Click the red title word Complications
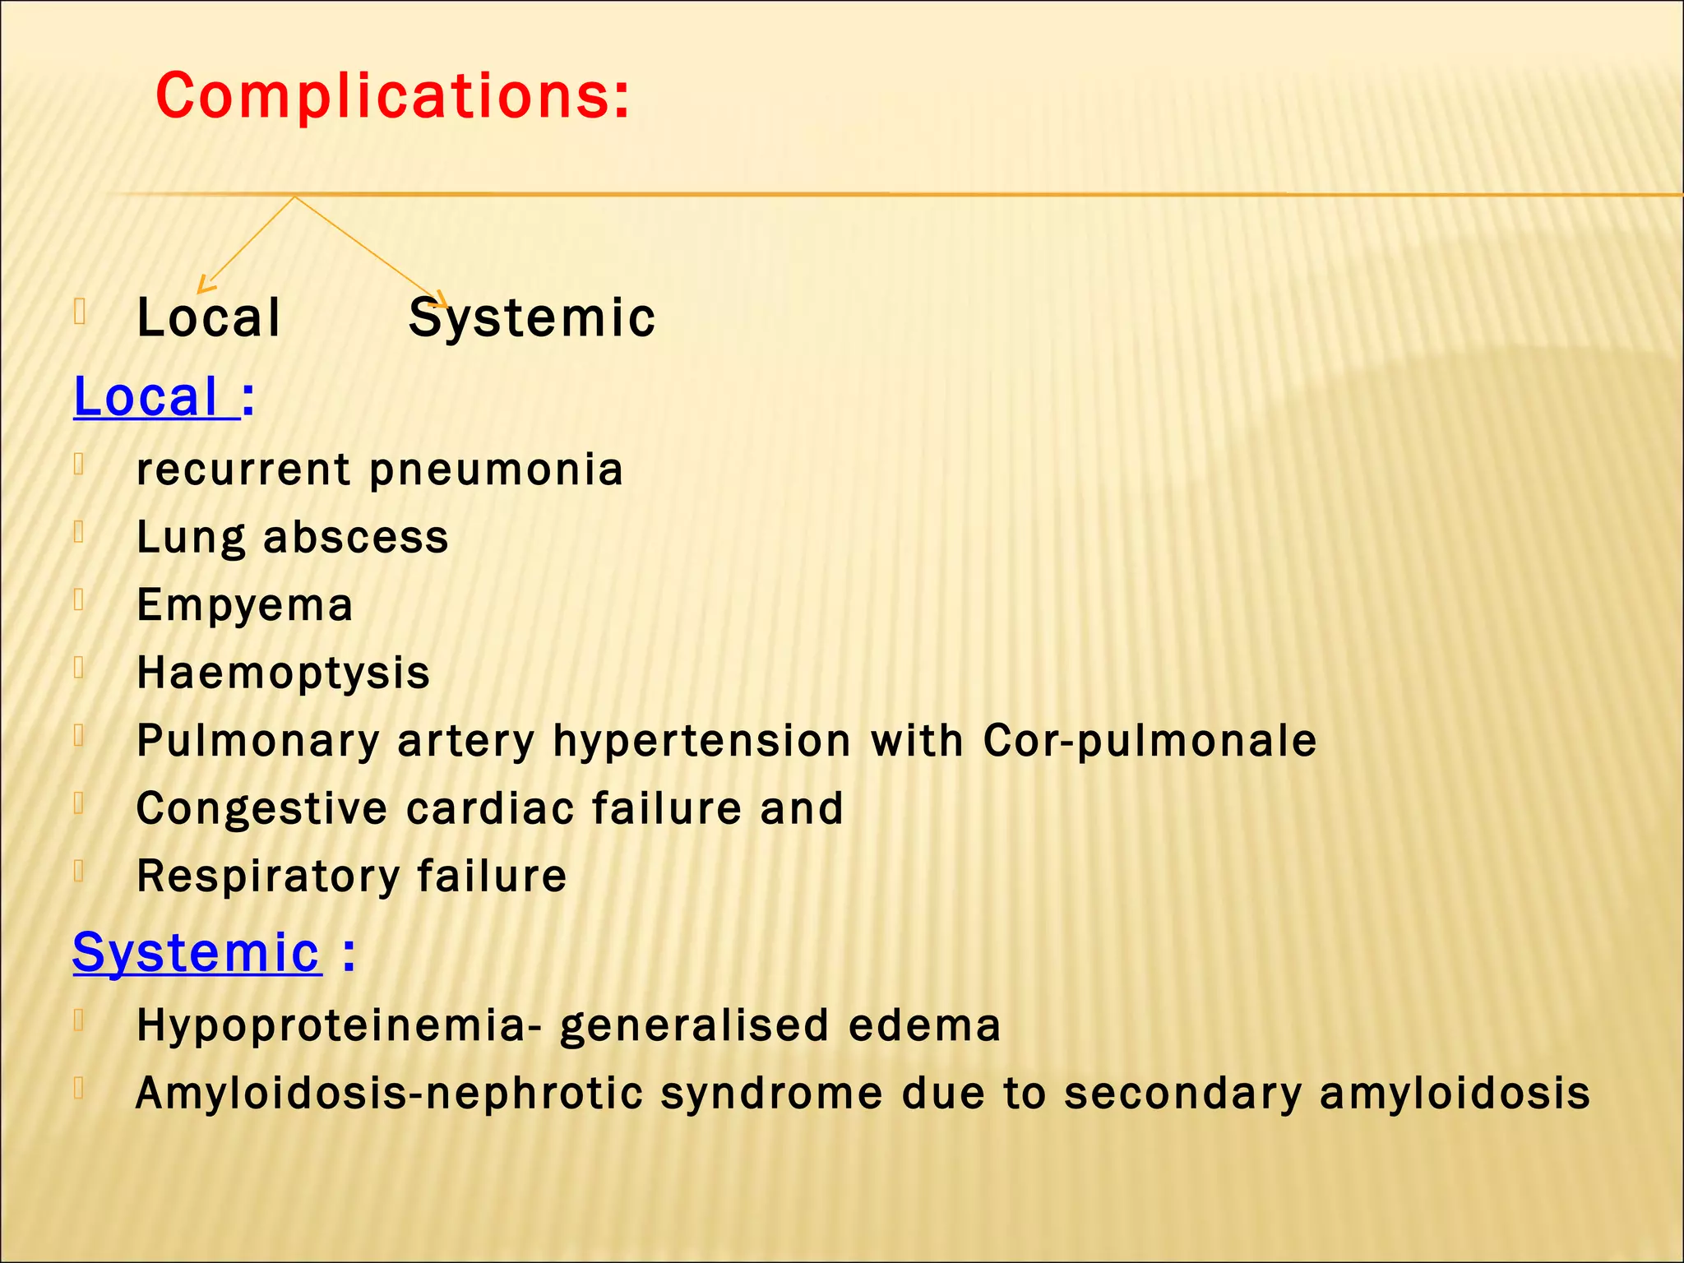pyautogui.click(x=391, y=96)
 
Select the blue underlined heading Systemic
pyautogui.click(x=197, y=953)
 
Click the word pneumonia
pyautogui.click(x=497, y=470)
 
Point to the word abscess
pyautogui.click(x=356, y=538)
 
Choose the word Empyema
pyautogui.click(x=245, y=605)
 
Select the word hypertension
pyautogui.click(x=701, y=740)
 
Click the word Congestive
pyautogui.click(x=261, y=808)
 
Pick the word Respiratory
pyautogui.click(x=266, y=876)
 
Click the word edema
pyautogui.click(x=924, y=1025)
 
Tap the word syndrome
pyautogui.click(x=771, y=1094)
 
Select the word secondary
pyautogui.click(x=1182, y=1094)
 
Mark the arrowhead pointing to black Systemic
pyautogui.click(x=441, y=301)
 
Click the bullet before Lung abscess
pyautogui.click(x=79, y=533)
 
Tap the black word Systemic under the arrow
pyautogui.click(x=532, y=318)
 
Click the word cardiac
pyautogui.click(x=489, y=808)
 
